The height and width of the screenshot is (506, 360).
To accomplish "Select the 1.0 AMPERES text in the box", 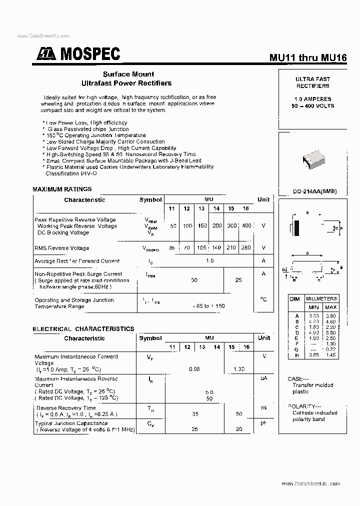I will [312, 99].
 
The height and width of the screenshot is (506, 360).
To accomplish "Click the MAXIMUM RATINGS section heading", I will [62, 189].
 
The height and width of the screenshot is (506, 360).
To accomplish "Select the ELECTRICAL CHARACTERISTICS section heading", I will [83, 329].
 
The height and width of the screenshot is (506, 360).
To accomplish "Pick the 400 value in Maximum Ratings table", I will [246, 225].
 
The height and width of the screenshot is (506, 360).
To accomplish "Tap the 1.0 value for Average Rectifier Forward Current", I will [210, 260].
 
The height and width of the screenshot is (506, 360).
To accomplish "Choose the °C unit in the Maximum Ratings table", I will [263, 299].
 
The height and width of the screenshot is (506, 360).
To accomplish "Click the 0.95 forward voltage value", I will [194, 369].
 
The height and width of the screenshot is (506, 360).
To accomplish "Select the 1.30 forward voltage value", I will [239, 369].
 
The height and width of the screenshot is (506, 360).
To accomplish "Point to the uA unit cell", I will [263, 378].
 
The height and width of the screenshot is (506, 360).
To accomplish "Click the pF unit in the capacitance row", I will [263, 423].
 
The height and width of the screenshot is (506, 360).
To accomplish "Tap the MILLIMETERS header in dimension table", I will [321, 298].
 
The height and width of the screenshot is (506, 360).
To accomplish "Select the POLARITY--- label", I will [304, 406].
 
